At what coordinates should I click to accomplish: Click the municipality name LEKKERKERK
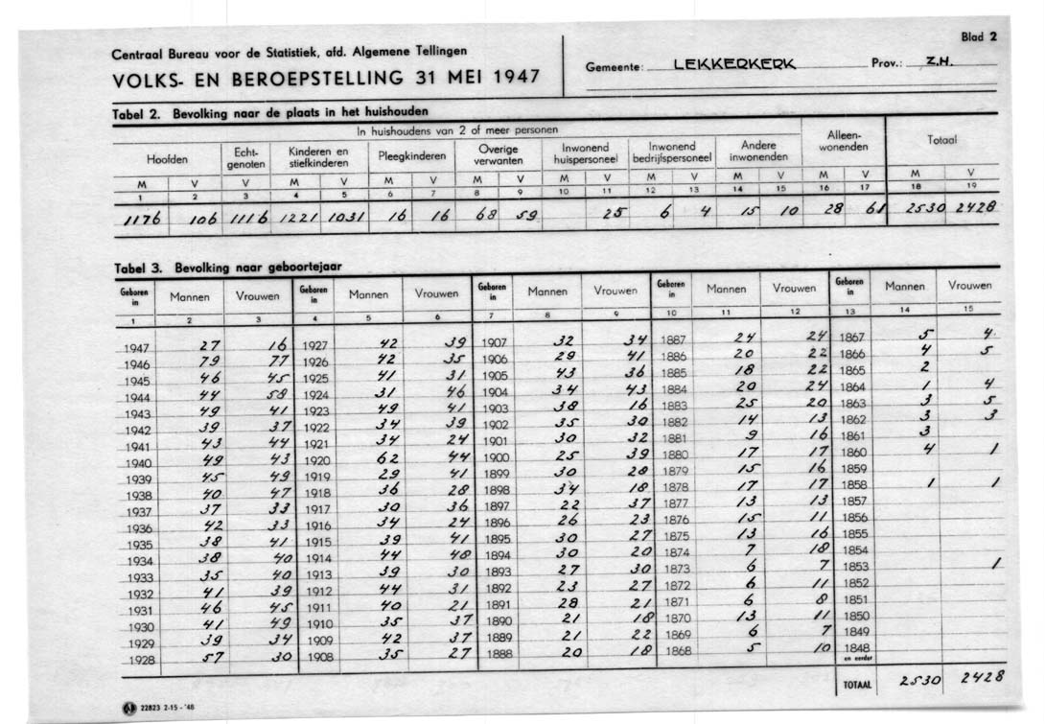pyautogui.click(x=734, y=64)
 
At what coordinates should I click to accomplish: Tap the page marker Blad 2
pyautogui.click(x=979, y=36)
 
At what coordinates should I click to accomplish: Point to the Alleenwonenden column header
pyautogui.click(x=844, y=141)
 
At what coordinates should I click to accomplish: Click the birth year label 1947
pyautogui.click(x=136, y=349)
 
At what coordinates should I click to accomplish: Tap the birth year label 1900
pyautogui.click(x=496, y=457)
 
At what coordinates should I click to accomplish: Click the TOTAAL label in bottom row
pyautogui.click(x=855, y=686)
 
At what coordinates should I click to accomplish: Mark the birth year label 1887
pyautogui.click(x=674, y=339)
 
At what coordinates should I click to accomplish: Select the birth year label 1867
pyautogui.click(x=851, y=338)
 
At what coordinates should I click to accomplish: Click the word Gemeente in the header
pyautogui.click(x=613, y=68)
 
